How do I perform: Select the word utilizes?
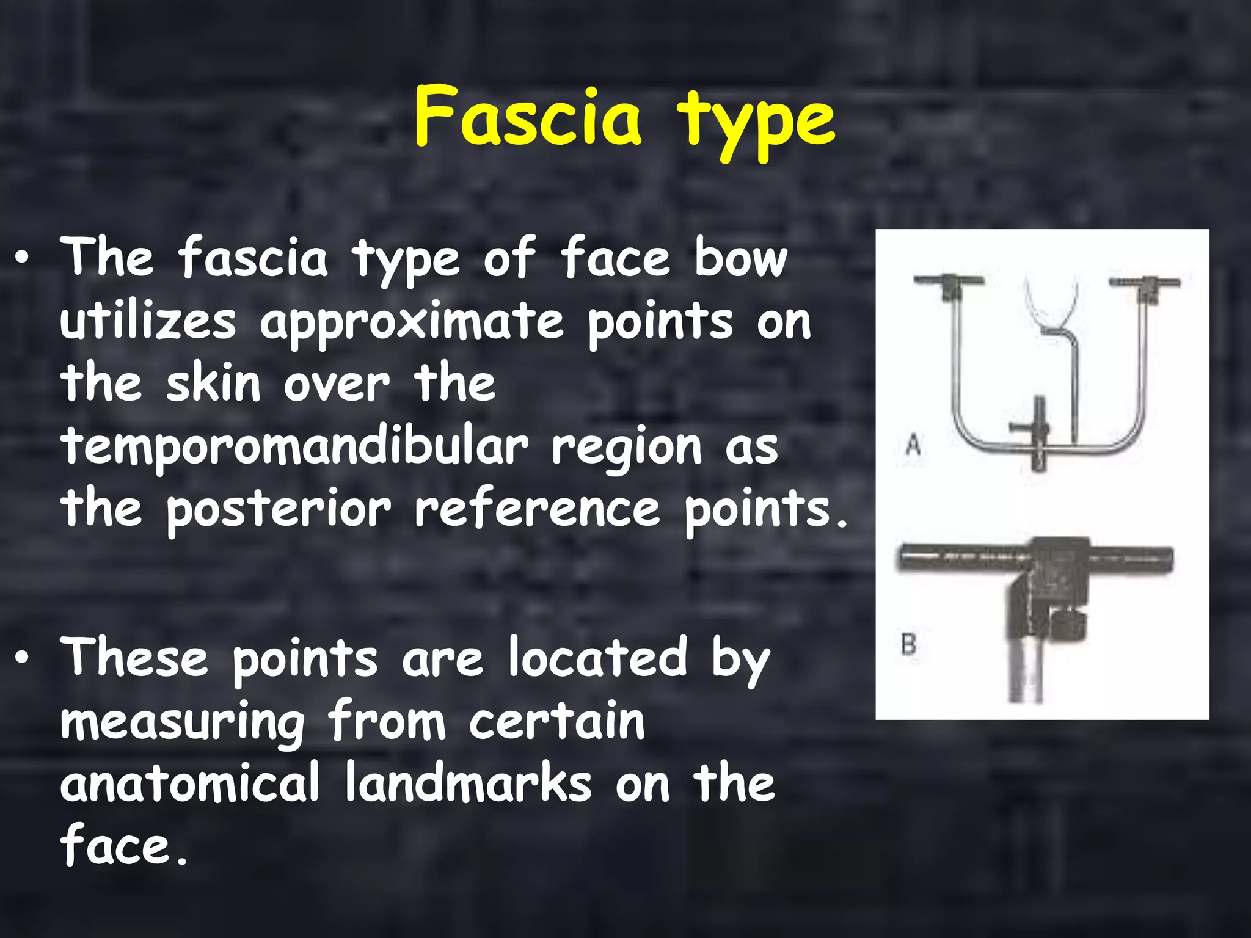coord(148,321)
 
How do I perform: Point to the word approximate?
coord(412,324)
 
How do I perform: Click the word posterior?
coord(279,511)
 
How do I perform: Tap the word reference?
coord(538,509)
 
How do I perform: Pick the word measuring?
coord(183,723)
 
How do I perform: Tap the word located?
coord(599,658)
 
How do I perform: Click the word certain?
coord(557,722)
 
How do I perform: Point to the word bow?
coord(741,259)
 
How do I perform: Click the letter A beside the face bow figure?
coord(913,444)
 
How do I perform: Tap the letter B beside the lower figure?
coord(909,644)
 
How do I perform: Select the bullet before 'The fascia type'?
coord(23,259)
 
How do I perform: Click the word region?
coord(627,448)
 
